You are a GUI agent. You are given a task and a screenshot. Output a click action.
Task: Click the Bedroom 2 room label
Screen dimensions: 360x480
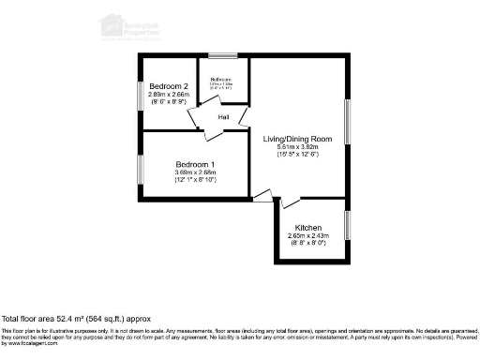click(169, 85)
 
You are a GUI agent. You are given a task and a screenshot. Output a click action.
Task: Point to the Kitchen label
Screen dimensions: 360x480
click(308, 228)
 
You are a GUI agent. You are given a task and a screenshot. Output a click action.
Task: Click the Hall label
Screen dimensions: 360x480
click(224, 117)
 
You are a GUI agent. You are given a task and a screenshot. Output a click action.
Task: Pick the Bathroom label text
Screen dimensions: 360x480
click(221, 79)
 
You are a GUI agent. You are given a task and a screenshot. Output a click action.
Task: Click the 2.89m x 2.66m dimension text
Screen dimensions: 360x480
click(169, 95)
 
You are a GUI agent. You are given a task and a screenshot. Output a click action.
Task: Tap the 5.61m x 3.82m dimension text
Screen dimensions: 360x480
click(297, 146)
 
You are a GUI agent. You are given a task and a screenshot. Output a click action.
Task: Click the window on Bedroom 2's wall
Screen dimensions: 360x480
click(141, 96)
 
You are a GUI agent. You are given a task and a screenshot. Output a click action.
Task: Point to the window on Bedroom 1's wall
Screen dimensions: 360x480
click(141, 170)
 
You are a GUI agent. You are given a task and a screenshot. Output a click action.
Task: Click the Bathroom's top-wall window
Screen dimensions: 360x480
click(222, 55)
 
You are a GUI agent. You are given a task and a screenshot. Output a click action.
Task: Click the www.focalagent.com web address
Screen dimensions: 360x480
click(30, 344)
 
